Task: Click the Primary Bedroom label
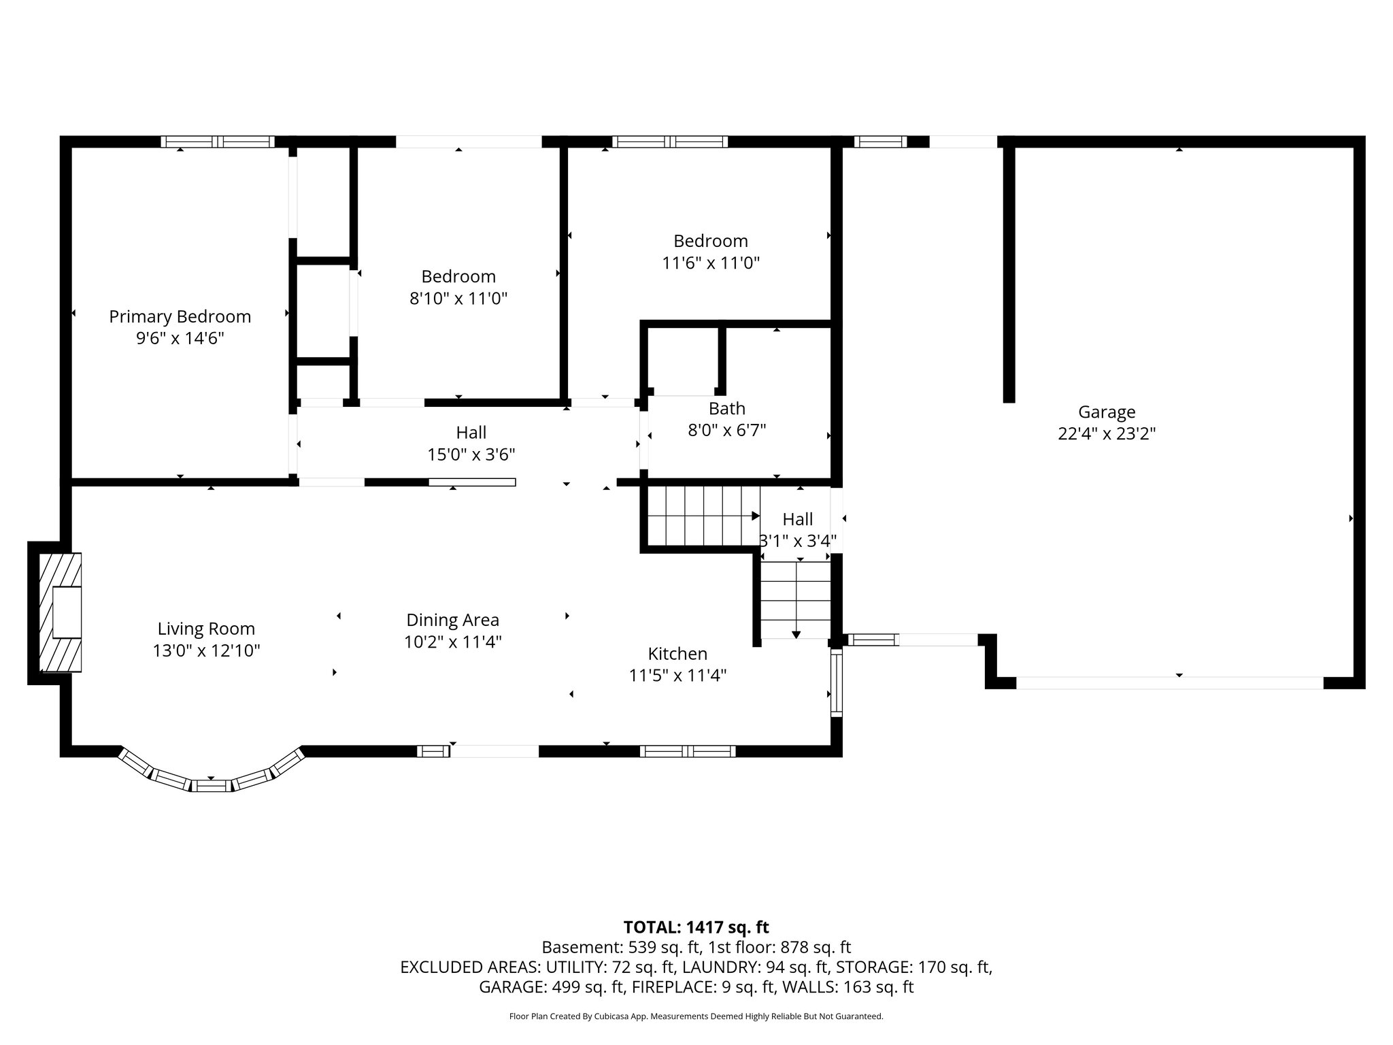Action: click(180, 317)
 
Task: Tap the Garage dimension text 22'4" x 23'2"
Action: click(1107, 434)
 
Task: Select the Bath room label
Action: click(726, 409)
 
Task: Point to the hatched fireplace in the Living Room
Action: click(60, 613)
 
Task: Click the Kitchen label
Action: click(677, 654)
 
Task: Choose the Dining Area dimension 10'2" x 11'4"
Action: click(452, 642)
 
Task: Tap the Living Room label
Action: click(206, 629)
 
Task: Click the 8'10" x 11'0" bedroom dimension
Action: click(458, 299)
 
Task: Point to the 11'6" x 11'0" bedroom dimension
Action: click(711, 263)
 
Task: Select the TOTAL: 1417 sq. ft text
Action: click(696, 927)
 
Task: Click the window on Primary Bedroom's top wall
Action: click(218, 142)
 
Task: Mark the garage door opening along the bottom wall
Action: click(1169, 683)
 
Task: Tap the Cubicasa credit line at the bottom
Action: click(696, 1016)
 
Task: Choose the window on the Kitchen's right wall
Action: click(837, 682)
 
